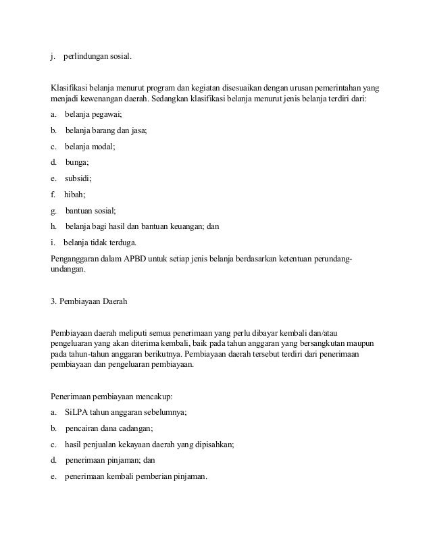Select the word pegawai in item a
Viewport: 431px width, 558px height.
tap(106, 116)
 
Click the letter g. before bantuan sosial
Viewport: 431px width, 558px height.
tap(53, 210)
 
